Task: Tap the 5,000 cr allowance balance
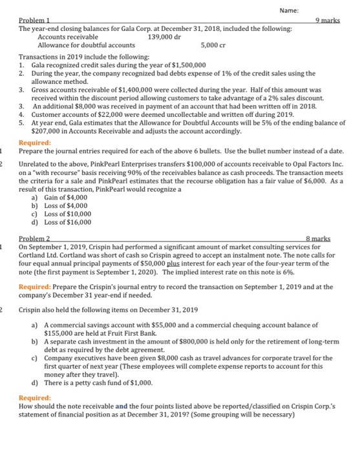[x=213, y=45]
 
